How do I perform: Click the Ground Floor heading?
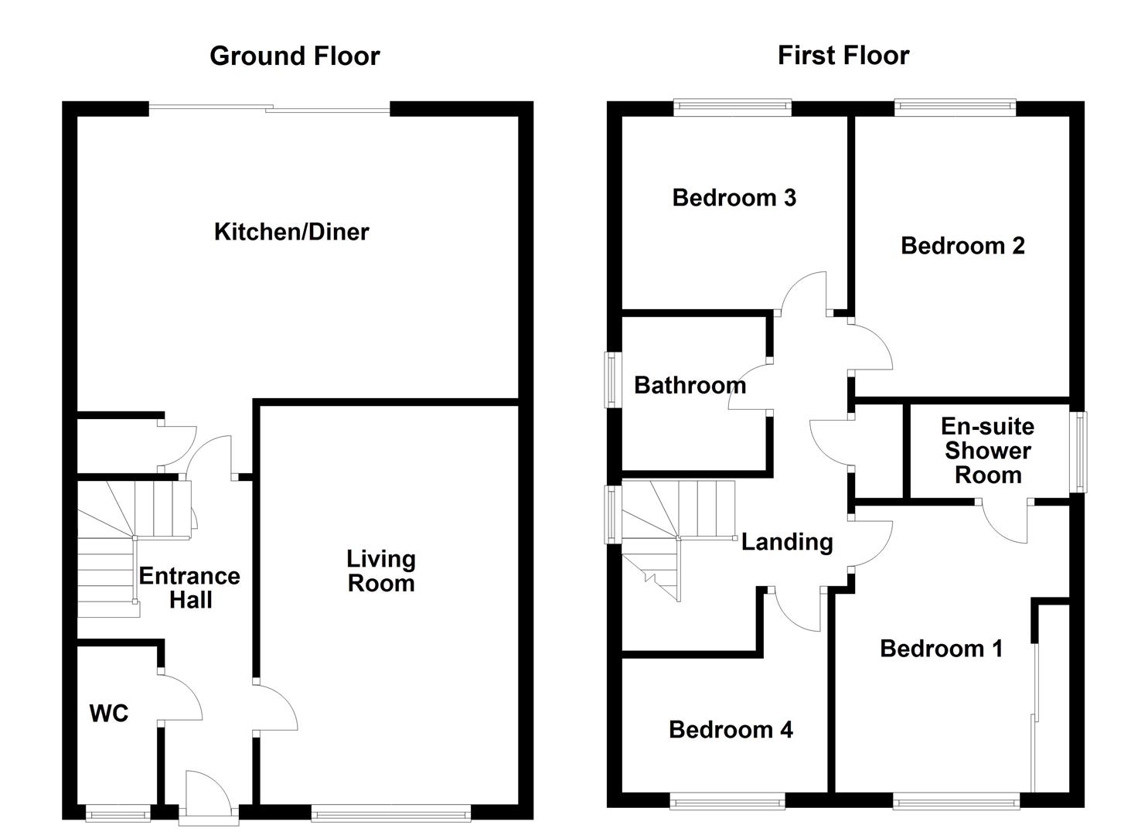295,56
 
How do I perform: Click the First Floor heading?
843,56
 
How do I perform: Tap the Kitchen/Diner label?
291,231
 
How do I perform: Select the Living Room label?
380,571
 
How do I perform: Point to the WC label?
109,713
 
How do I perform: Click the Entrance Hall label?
189,588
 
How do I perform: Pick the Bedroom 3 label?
734,198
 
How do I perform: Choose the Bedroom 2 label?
962,246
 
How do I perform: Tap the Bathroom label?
690,385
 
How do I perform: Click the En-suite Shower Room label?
987,451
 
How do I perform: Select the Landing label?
787,542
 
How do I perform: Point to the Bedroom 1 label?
941,648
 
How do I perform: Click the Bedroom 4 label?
731,729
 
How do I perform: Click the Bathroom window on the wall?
612,380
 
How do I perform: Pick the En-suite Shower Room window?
1078,452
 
